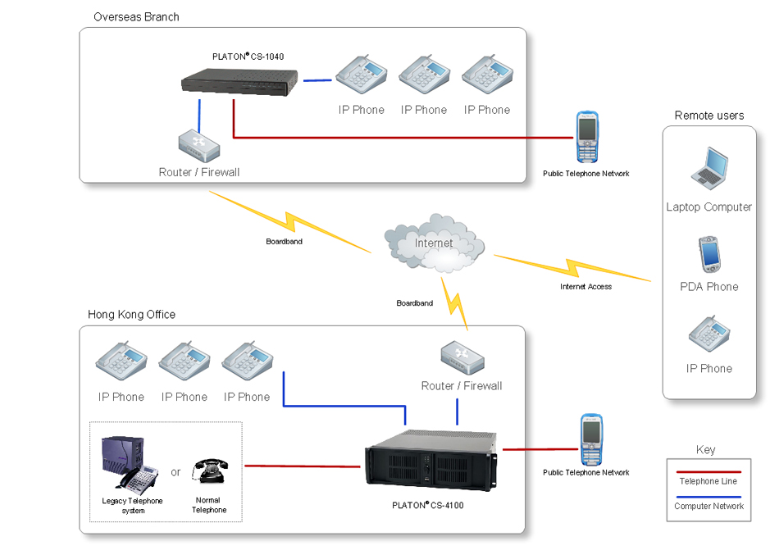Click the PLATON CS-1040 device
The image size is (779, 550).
pos(239,82)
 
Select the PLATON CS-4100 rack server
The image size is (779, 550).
pos(430,460)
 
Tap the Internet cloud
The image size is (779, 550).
pos(435,243)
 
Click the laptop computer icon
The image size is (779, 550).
pos(709,168)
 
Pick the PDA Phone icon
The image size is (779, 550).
pos(709,254)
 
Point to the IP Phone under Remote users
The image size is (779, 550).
pos(709,334)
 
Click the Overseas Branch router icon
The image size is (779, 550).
pos(198,146)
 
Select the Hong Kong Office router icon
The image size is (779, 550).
pos(462,357)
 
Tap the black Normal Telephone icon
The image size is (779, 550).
pos(210,470)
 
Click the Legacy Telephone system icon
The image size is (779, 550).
pos(130,462)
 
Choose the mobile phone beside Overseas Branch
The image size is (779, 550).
pos(587,137)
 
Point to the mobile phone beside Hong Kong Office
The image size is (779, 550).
pos(591,439)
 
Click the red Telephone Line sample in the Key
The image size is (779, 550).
pos(708,471)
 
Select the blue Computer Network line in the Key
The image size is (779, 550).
pos(708,497)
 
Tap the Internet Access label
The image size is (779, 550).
pos(585,286)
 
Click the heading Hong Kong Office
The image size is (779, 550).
pos(132,314)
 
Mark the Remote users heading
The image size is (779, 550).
pos(709,115)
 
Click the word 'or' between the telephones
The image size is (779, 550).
pos(175,472)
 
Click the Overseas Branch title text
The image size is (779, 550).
pos(136,17)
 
